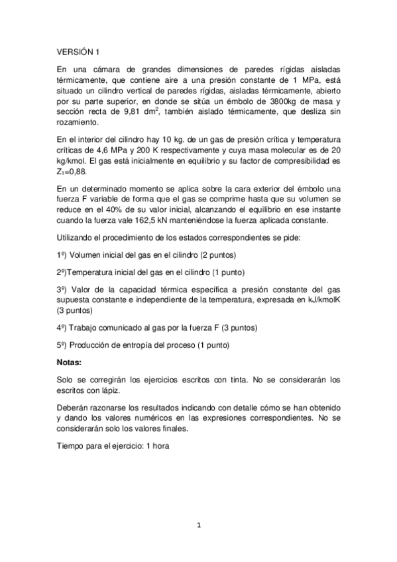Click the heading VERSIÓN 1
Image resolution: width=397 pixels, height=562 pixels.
[x=78, y=50]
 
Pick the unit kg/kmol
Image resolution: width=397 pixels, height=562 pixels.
[x=72, y=161]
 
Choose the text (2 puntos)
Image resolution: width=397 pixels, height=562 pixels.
[x=217, y=256]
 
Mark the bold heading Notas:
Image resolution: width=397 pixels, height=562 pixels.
[x=70, y=363]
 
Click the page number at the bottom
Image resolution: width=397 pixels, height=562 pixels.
[x=198, y=527]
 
